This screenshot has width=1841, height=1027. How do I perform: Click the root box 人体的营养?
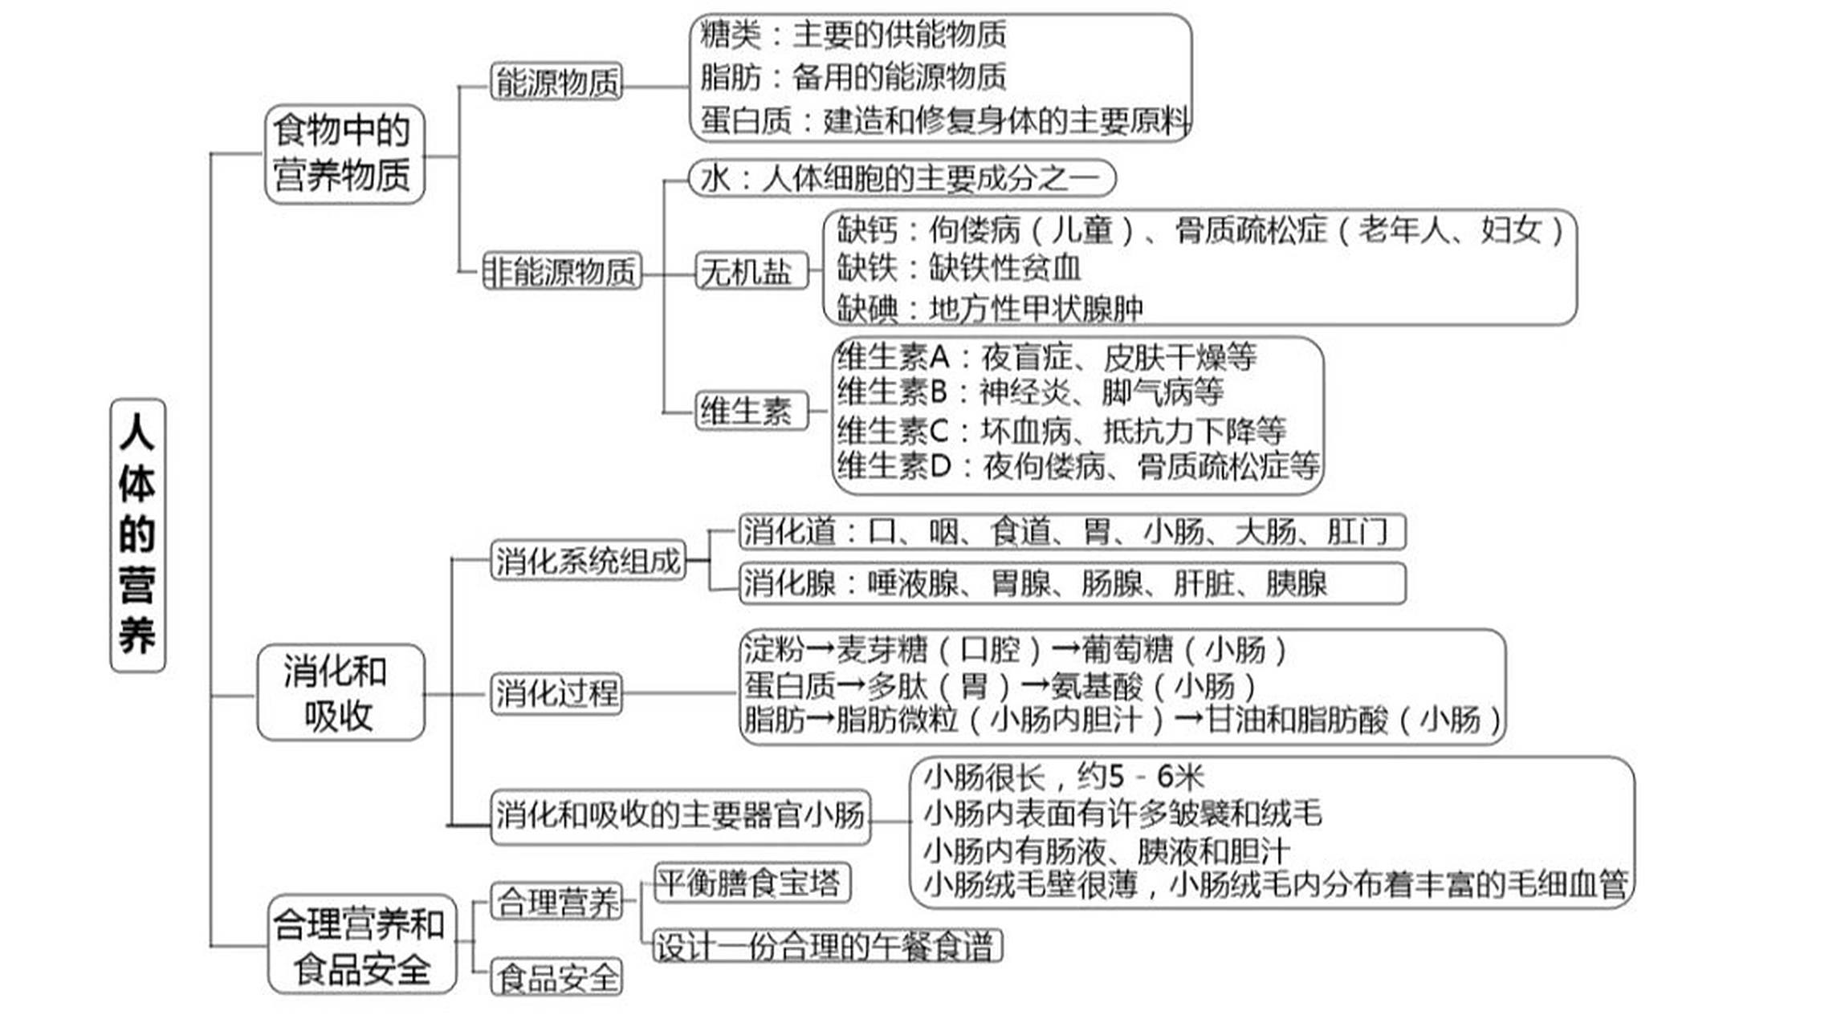[137, 535]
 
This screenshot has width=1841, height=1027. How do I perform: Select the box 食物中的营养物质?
[344, 153]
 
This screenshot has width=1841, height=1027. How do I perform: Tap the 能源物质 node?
[556, 83]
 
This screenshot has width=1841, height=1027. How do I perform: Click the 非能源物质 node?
[562, 271]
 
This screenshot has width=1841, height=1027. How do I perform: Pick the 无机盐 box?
[749, 270]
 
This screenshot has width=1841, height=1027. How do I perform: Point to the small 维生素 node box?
[749, 411]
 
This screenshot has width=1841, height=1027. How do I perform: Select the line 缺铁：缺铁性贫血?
[959, 268]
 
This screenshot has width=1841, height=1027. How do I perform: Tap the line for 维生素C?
[1060, 431]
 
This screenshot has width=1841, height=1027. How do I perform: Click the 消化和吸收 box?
[340, 692]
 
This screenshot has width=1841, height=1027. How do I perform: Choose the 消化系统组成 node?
[588, 560]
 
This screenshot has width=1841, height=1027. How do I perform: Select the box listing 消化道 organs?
[1071, 532]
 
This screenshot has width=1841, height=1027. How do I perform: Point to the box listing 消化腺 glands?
[1071, 583]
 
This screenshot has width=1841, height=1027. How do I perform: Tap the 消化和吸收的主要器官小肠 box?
[680, 816]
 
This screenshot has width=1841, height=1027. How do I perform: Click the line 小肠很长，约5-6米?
[1064, 777]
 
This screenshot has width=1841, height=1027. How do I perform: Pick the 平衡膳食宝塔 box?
[751, 883]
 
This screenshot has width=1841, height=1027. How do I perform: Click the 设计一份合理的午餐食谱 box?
[827, 947]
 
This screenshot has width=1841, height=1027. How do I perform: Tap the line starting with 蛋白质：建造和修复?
[943, 120]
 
